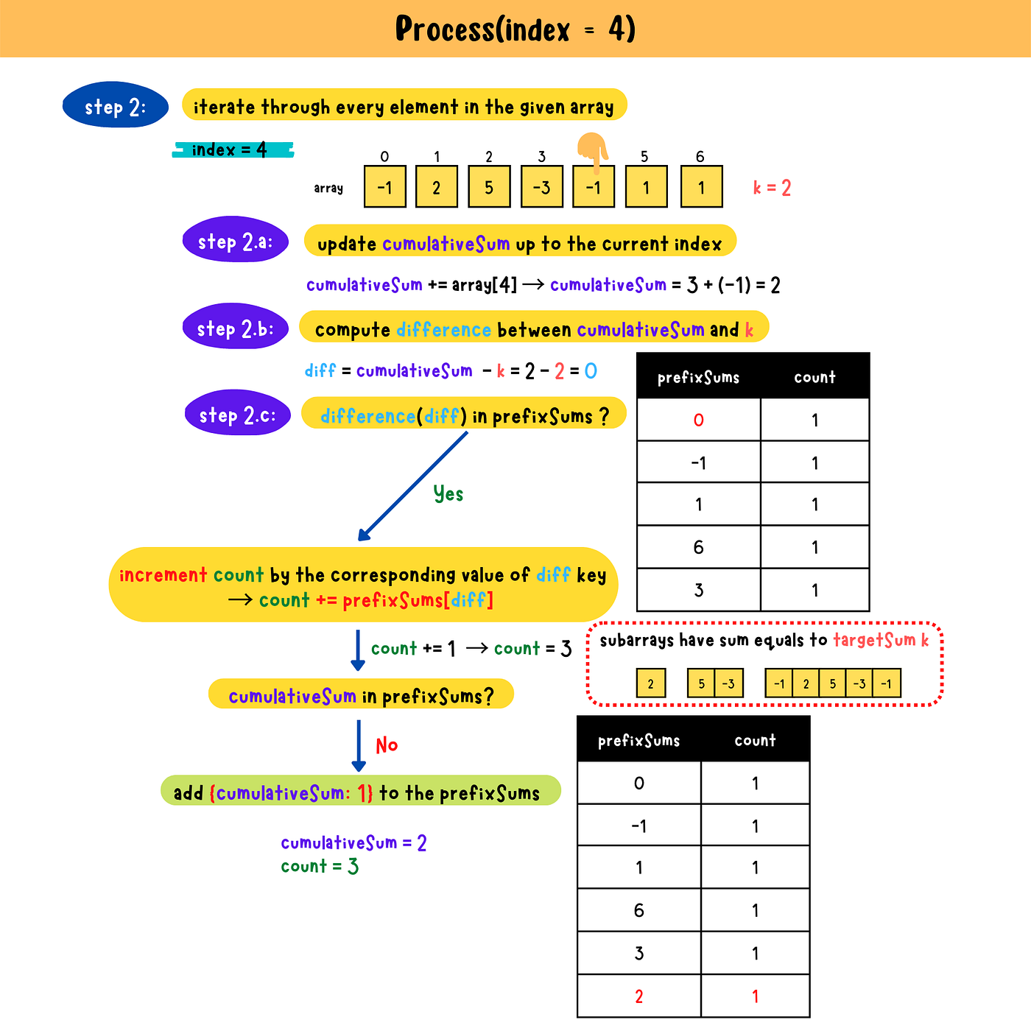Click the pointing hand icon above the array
(592, 151)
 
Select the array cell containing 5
(489, 187)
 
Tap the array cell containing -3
(541, 187)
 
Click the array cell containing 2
(437, 187)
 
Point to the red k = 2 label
(772, 188)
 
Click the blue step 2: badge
(116, 106)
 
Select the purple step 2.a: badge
(236, 241)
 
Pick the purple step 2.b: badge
(236, 328)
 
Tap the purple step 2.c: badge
(238, 414)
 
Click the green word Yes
(448, 493)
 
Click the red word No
(387, 745)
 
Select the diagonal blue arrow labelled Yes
(412, 486)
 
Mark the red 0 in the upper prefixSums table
(698, 420)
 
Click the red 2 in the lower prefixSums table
(638, 996)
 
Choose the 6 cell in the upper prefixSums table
(698, 547)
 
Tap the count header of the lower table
(755, 740)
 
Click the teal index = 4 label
(231, 150)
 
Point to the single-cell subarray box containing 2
(650, 683)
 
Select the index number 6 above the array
(700, 156)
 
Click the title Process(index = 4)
(515, 29)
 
